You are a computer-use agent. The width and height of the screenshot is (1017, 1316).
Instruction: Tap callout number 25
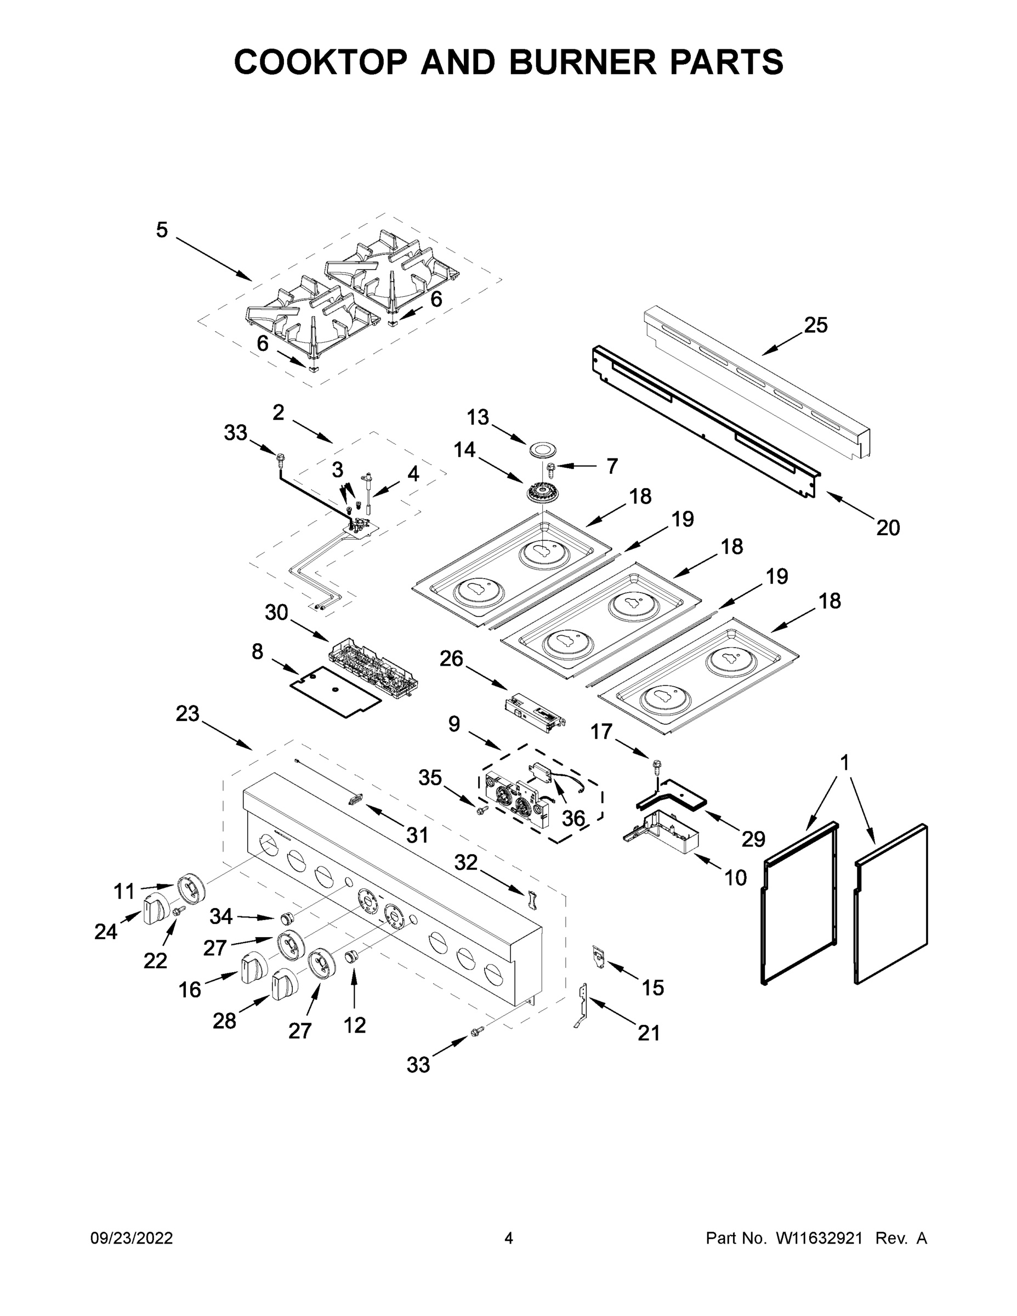[x=816, y=325]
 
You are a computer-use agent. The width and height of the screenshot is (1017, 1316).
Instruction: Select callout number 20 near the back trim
[x=888, y=528]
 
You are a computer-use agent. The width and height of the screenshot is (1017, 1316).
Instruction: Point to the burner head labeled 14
[x=544, y=493]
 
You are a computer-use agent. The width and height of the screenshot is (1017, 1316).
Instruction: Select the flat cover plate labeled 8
[x=335, y=690]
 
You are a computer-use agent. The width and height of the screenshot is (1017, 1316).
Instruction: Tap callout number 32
[x=465, y=863]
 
